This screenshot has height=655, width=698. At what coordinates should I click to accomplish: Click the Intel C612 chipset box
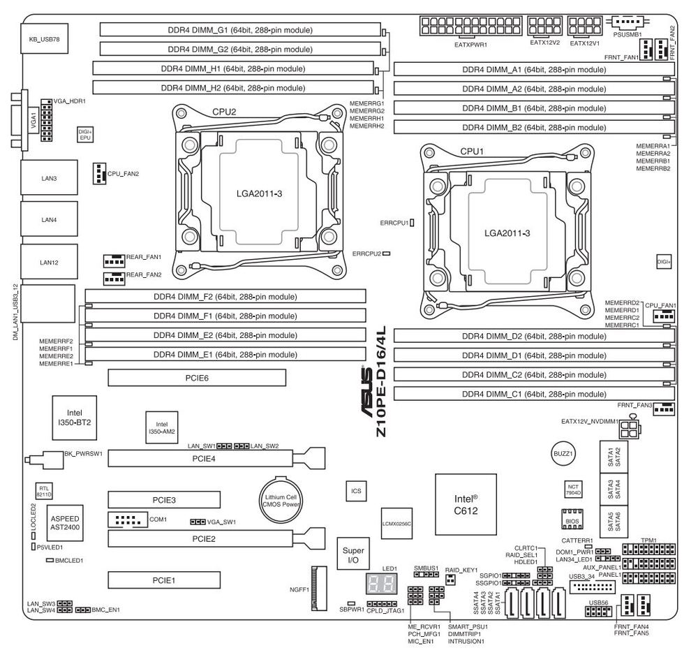point(466,504)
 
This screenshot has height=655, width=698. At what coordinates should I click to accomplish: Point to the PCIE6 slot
point(198,378)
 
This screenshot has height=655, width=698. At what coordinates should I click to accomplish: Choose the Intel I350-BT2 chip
point(75,418)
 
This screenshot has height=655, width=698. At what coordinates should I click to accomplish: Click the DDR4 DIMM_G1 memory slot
point(241,30)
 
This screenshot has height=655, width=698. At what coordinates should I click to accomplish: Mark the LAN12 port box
point(49,262)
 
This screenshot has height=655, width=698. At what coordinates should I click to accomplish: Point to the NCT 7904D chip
point(572,489)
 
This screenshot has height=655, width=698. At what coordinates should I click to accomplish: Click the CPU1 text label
point(472,151)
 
